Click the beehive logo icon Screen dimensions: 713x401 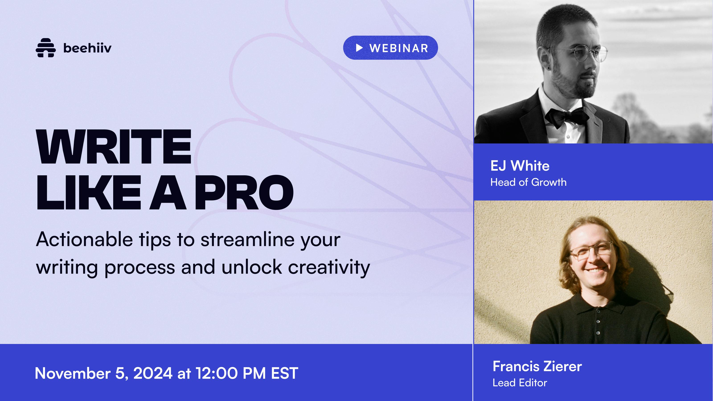point(46,48)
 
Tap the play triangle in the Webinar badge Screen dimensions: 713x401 point(359,48)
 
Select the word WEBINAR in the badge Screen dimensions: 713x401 point(399,48)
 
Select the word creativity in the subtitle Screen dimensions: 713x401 point(329,267)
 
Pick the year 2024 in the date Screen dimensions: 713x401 point(153,373)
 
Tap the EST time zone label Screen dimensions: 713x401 point(285,373)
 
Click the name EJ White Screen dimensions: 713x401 point(520,166)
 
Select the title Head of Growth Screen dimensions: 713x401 point(528,182)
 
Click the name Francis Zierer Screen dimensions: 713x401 point(537,366)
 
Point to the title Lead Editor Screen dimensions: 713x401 point(520,383)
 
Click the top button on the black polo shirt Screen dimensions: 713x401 point(598,314)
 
